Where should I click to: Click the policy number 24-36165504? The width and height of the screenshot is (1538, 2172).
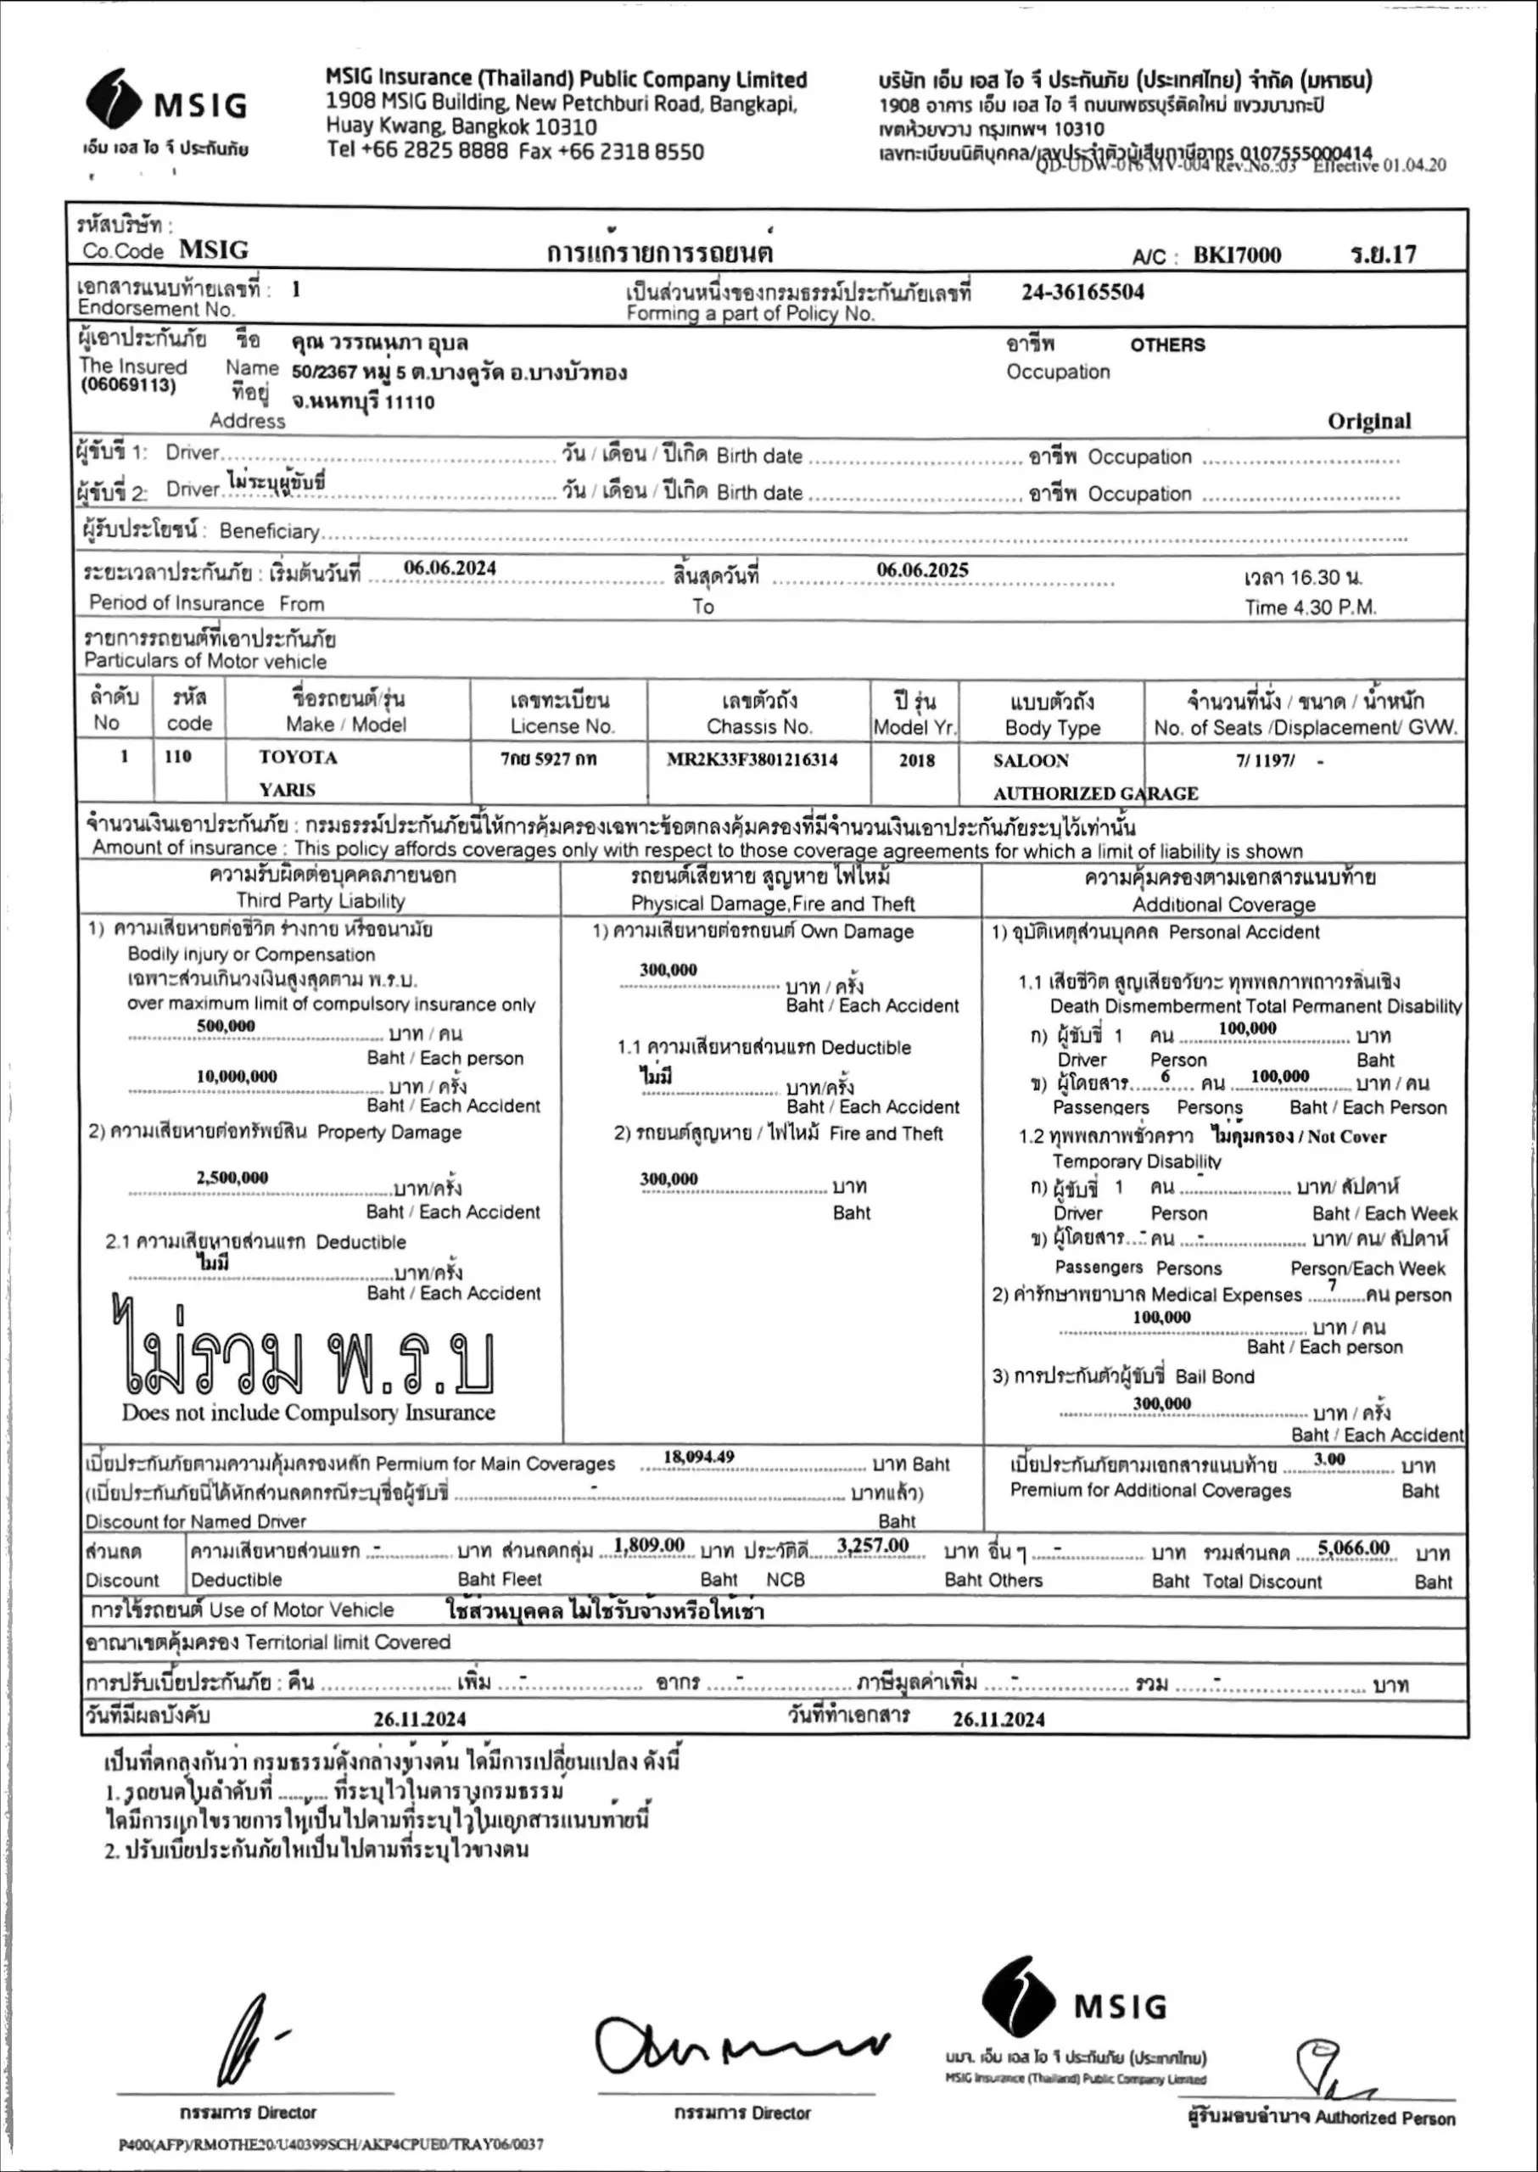[1082, 292]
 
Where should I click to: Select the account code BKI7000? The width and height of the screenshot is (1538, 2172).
[1236, 255]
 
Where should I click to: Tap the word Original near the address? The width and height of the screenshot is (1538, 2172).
[1368, 422]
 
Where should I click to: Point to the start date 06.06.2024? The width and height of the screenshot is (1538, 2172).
[450, 568]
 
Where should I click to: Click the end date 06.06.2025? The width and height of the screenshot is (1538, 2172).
[921, 569]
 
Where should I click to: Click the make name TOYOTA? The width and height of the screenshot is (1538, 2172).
[299, 758]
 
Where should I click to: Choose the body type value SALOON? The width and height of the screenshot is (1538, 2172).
[1031, 761]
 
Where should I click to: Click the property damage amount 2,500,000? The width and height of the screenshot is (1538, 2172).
[232, 1178]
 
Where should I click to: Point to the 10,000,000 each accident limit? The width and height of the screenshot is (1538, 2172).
[237, 1076]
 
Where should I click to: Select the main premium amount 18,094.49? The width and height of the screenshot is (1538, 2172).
[699, 1457]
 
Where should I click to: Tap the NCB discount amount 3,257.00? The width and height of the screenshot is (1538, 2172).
[872, 1546]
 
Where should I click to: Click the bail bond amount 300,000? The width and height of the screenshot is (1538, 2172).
[1161, 1404]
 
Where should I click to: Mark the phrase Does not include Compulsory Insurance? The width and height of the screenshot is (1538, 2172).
[308, 1413]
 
